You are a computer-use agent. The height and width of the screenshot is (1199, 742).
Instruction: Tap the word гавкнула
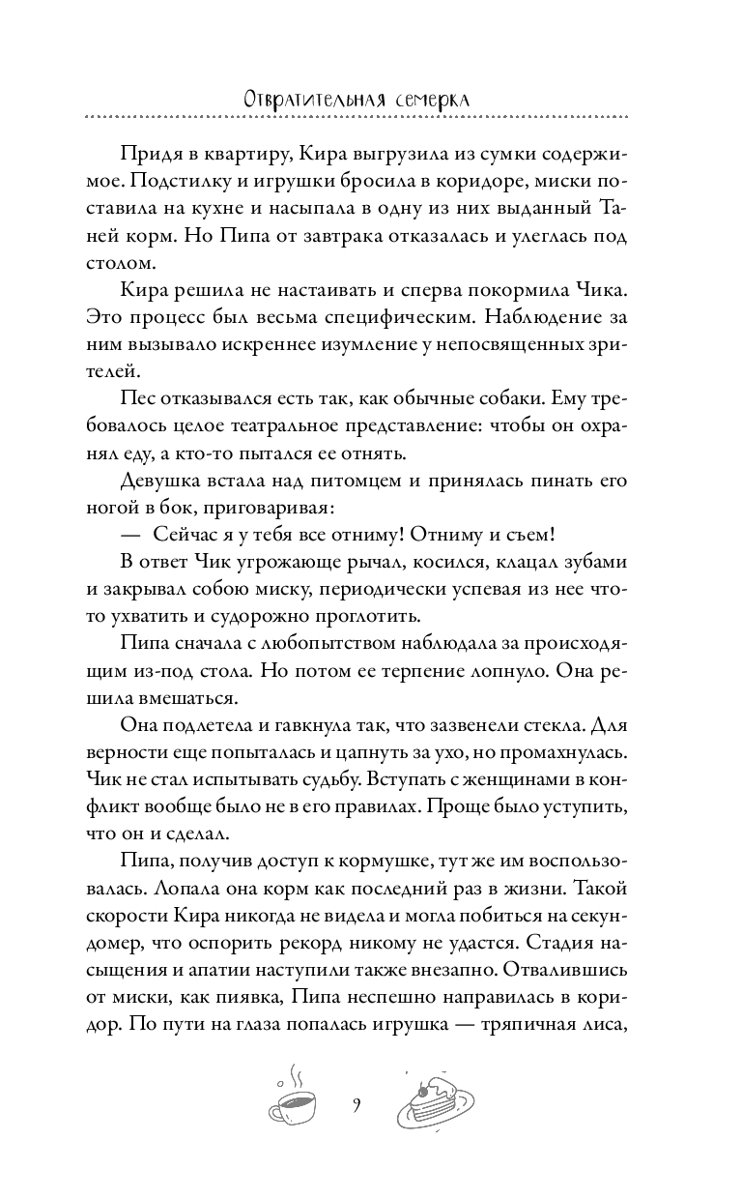(x=327, y=721)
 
